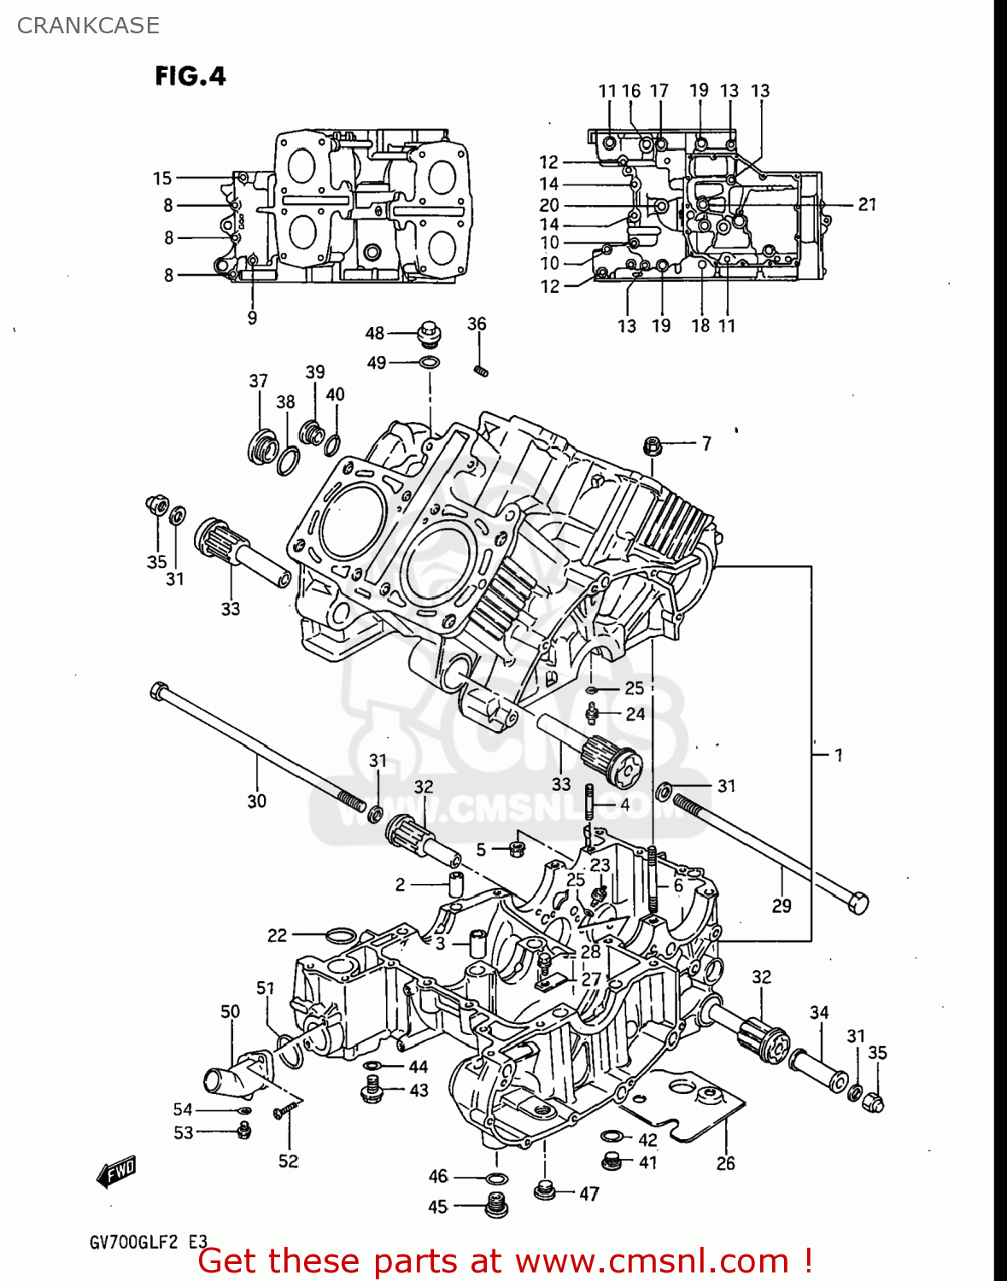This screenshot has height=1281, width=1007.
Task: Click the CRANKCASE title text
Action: point(88,26)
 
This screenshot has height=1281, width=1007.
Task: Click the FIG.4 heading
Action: point(190,77)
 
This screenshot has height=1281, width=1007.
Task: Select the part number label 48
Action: point(374,333)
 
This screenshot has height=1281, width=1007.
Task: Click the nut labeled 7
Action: point(653,445)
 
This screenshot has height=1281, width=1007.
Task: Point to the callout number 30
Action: point(256,801)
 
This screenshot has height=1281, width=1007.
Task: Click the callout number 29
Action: point(782,905)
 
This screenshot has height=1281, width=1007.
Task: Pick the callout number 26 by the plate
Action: point(725,1163)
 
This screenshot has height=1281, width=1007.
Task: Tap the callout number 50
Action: point(231,1012)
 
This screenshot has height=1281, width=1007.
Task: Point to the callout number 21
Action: point(867,204)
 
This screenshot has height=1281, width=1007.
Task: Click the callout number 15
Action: point(162,178)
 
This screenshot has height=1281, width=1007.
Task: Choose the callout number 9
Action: point(252,318)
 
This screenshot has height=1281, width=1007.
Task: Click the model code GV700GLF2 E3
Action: point(148,1242)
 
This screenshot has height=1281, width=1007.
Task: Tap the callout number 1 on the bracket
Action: point(838,755)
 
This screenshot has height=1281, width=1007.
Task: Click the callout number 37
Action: point(258,381)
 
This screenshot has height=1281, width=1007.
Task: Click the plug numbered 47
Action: point(544,1190)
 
